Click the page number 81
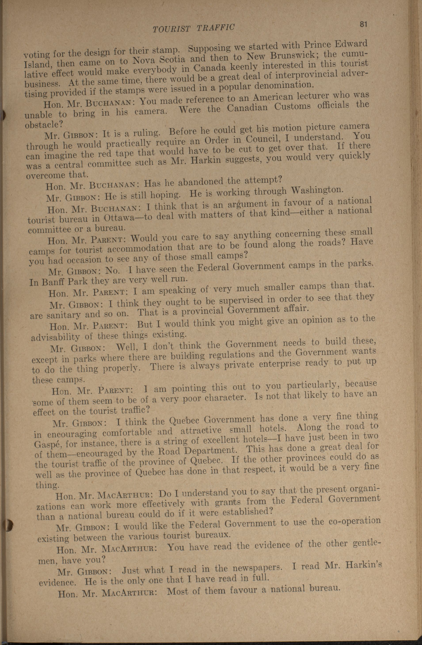click(363, 24)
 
